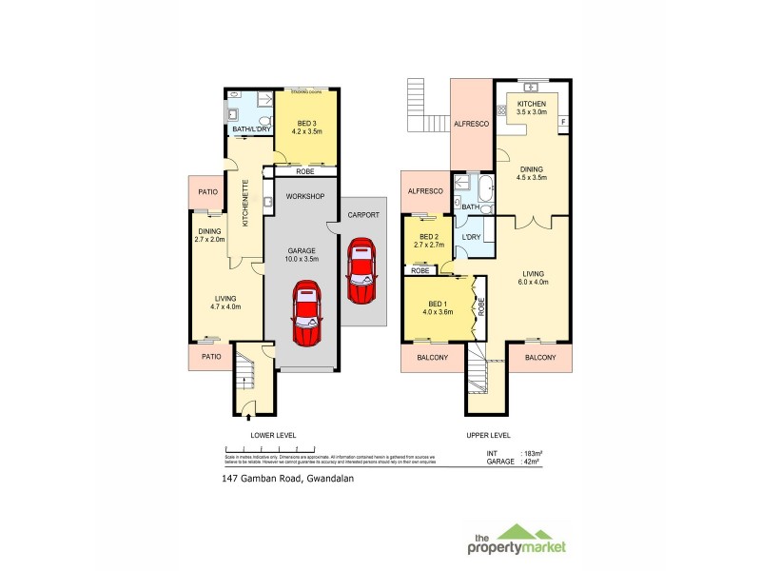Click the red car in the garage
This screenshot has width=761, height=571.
(x=305, y=315)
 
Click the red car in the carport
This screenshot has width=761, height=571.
(x=361, y=270)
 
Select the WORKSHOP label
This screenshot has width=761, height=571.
(x=305, y=196)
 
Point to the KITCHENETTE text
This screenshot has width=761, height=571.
(x=245, y=206)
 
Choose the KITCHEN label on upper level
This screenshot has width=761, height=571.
(x=532, y=104)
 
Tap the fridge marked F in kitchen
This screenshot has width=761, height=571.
(x=563, y=122)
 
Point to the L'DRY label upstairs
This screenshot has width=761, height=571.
(x=470, y=236)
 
